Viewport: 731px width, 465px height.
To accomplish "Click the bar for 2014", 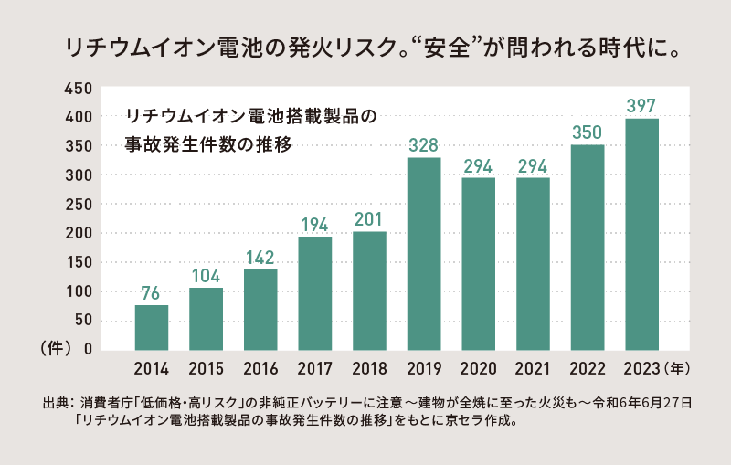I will [152, 327].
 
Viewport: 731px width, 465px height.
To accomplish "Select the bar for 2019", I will [424, 253].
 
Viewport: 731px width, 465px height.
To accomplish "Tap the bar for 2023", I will [641, 234].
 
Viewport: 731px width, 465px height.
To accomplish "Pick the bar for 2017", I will [315, 292].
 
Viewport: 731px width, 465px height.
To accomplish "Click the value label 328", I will [424, 145].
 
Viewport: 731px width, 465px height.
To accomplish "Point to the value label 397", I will [641, 105].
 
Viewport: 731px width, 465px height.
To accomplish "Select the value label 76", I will [152, 292].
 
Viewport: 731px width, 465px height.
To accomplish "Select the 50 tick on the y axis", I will [83, 320].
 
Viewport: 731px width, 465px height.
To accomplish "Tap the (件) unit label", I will [54, 349].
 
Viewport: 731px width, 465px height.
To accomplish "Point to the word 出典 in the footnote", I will [57, 403].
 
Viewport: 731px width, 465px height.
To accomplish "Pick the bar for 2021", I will [533, 263].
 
